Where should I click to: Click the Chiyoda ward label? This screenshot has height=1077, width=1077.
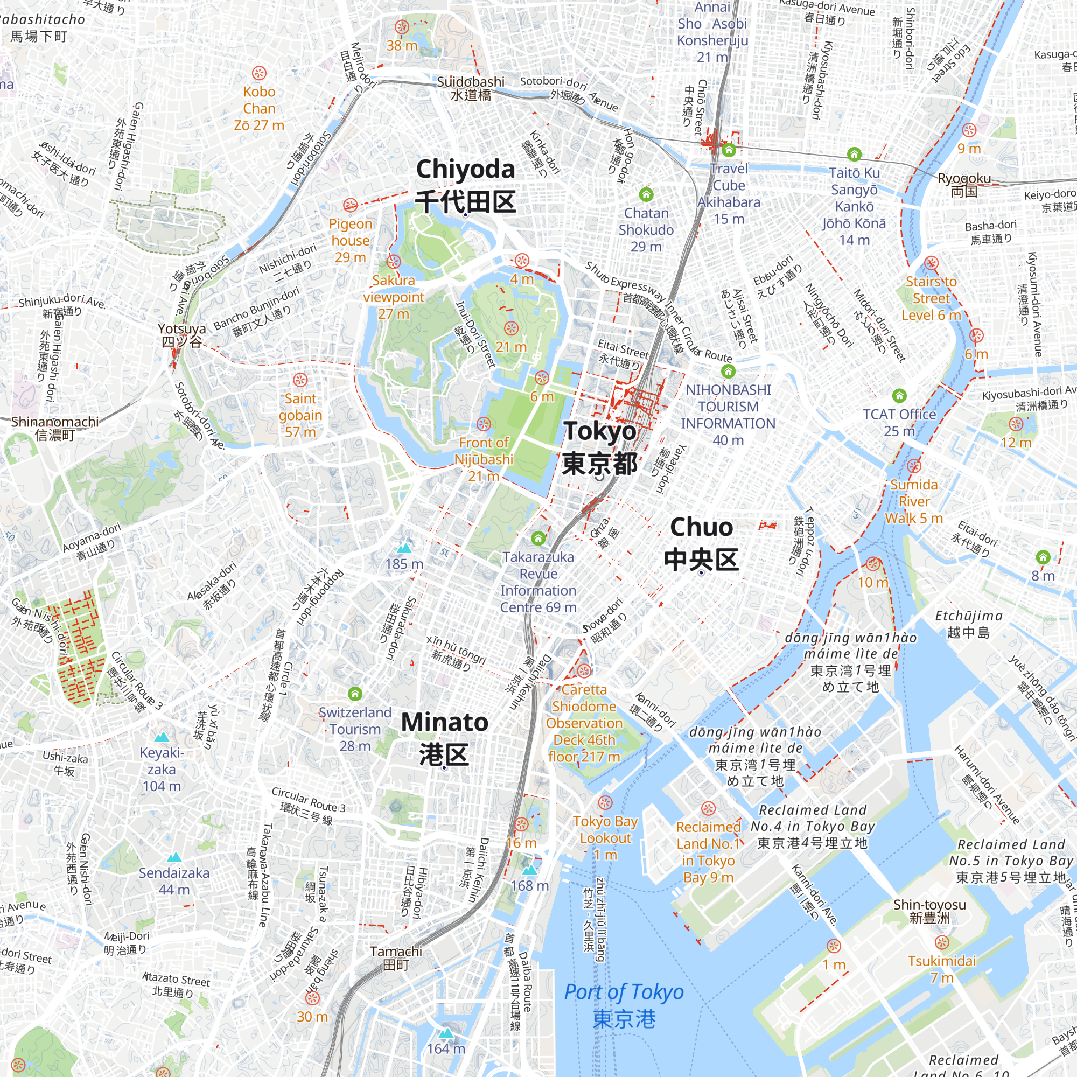pos(465,185)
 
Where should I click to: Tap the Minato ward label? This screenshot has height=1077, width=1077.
pos(444,738)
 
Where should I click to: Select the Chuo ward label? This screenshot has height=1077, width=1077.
pos(701,543)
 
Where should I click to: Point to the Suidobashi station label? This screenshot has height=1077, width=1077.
pos(471,88)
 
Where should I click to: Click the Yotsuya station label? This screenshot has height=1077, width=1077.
pos(181,334)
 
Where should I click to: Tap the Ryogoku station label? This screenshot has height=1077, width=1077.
pos(964,185)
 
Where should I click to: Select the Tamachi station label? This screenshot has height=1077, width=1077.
pos(396,957)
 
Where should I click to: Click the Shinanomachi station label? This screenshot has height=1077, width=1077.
pos(54,428)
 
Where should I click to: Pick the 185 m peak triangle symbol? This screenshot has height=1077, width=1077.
pos(404,548)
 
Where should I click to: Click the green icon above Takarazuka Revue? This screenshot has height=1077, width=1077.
pos(538,538)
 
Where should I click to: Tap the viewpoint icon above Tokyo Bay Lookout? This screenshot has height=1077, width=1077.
pos(605,803)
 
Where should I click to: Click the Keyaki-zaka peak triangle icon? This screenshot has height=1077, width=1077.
pos(162,737)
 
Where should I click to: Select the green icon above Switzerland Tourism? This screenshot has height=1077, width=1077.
pos(355,694)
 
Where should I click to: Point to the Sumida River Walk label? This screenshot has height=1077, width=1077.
pos(914,501)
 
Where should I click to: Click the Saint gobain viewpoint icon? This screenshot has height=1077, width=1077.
pos(300,380)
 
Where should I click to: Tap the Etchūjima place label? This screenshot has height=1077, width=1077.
pos(968,623)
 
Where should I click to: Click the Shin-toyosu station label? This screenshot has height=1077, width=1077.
pos(929,911)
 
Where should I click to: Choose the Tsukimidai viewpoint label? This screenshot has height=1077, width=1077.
pos(941,969)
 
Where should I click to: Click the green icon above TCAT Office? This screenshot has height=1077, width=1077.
pos(899,396)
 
